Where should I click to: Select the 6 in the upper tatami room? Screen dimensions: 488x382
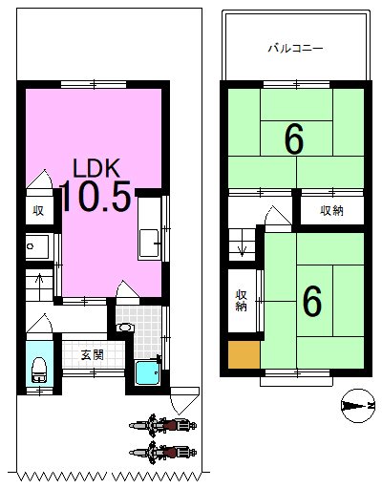(x=294, y=140)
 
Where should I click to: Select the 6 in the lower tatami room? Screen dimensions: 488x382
(x=311, y=302)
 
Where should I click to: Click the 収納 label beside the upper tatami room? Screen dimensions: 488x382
(x=331, y=210)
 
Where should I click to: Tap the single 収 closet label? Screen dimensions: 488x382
(x=38, y=211)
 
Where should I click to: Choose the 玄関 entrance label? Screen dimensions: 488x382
(x=92, y=354)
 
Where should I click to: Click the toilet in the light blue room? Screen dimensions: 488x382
(x=39, y=367)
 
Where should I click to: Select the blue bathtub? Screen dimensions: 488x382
(x=147, y=371)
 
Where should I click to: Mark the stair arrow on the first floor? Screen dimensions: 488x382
(x=38, y=279)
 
